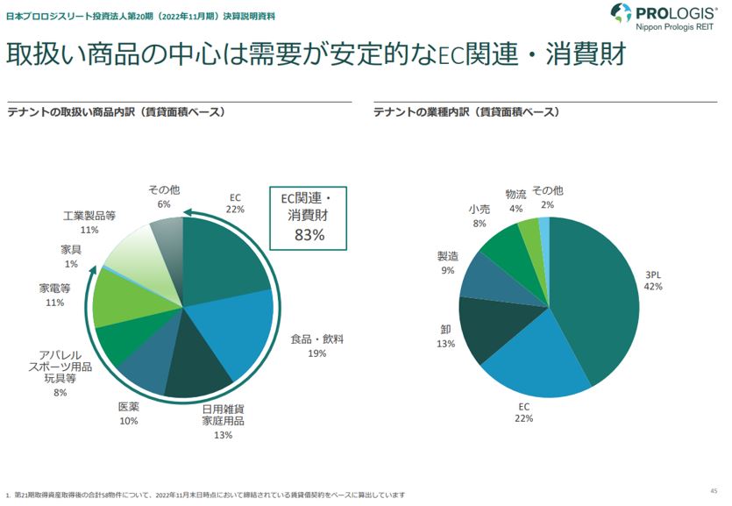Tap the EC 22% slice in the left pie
[224, 254]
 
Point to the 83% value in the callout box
[309, 234]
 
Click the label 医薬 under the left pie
[129, 407]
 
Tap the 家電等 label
[54, 288]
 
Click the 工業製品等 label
[89, 215]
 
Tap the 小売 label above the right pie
[480, 210]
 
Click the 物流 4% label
[516, 194]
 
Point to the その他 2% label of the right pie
[548, 190]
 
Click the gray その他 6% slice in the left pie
[167, 237]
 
